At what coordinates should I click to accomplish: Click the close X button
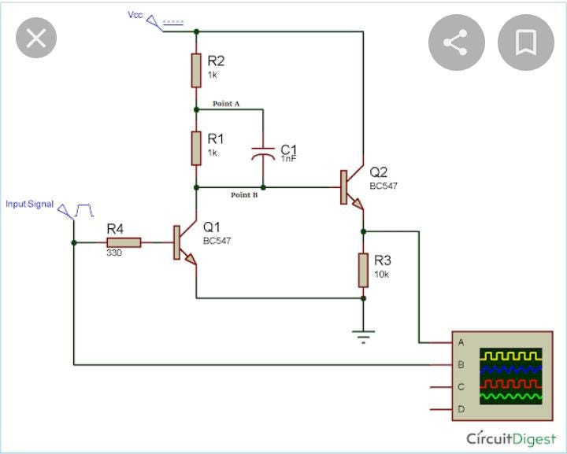(36, 39)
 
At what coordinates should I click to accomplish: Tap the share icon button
(456, 42)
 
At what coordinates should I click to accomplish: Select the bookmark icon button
(526, 42)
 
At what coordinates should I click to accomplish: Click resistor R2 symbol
(196, 71)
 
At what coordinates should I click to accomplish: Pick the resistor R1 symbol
(196, 148)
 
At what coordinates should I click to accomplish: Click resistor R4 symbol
(124, 242)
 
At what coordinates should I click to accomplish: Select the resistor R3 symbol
(363, 270)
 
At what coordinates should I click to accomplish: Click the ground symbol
(363, 337)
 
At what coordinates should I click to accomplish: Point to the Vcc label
(135, 14)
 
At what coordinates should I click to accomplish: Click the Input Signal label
(30, 205)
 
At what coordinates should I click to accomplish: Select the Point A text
(226, 104)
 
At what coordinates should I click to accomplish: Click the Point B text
(244, 195)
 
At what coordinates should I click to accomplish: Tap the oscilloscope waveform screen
(511, 376)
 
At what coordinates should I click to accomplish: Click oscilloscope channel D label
(461, 410)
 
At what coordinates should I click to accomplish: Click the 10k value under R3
(381, 275)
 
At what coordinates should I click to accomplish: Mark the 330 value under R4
(115, 253)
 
